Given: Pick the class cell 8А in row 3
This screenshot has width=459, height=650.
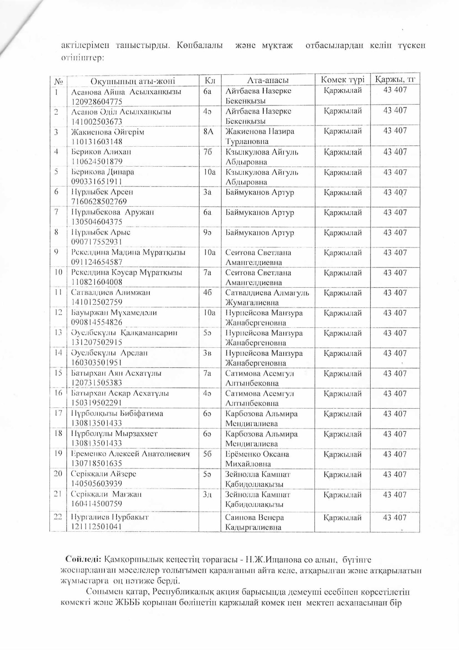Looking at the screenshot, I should tap(208, 132).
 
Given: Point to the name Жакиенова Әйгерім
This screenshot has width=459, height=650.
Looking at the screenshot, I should tap(108, 132).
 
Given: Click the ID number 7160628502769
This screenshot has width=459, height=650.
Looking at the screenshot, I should tap(99, 202).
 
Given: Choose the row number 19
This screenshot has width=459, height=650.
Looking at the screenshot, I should tap(58, 454).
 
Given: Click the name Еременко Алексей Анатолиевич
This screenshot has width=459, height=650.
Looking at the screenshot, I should tap(130, 454).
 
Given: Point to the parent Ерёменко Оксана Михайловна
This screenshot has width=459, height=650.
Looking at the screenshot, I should tap(257, 459).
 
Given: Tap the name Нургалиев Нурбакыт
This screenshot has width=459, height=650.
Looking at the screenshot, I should tap(110, 517).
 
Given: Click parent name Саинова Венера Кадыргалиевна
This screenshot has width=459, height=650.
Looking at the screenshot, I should tap(254, 522).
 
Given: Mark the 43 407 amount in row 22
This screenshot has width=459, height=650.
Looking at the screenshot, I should tap(394, 517).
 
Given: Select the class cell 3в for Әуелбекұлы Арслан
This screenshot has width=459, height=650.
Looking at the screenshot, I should tap(207, 353).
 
